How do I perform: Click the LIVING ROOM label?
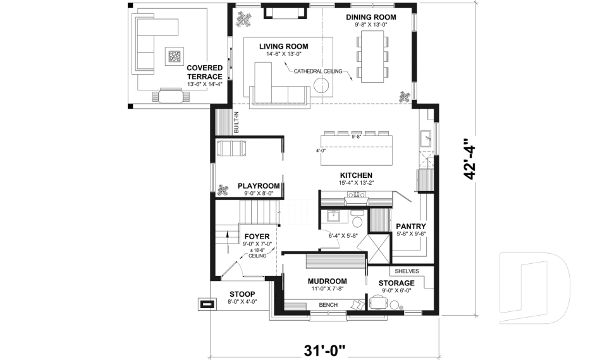284,46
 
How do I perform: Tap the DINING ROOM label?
371,17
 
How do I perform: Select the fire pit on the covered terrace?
174,57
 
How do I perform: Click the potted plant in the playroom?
223,189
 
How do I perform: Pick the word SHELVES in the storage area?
407,271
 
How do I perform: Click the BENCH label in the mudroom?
328,306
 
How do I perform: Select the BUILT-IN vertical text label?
236,122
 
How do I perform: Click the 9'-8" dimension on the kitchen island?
355,135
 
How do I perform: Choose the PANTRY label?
410,226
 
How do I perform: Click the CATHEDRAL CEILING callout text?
318,71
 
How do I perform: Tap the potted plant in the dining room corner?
403,96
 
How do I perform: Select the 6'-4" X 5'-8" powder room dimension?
343,236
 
